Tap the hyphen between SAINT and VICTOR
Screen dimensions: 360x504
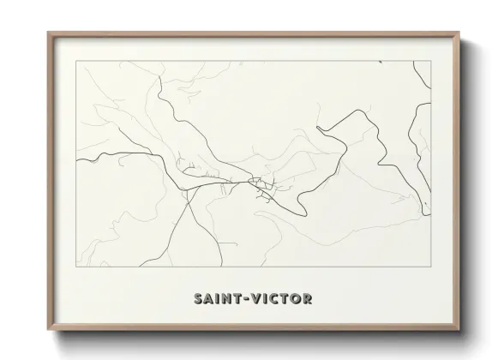coord(249,300)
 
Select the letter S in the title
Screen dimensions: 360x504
coord(199,300)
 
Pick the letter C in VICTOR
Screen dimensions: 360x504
coord(276,300)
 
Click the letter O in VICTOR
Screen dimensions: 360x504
coord(296,300)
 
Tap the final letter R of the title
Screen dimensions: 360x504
coord(308,300)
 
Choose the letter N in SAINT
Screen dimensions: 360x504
coord(229,300)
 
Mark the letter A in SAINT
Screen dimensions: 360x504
coord(210,300)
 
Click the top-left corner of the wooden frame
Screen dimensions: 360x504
coord(48,33)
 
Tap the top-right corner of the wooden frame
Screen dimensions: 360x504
coord(461,33)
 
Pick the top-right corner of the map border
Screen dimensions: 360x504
coord(430,61)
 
